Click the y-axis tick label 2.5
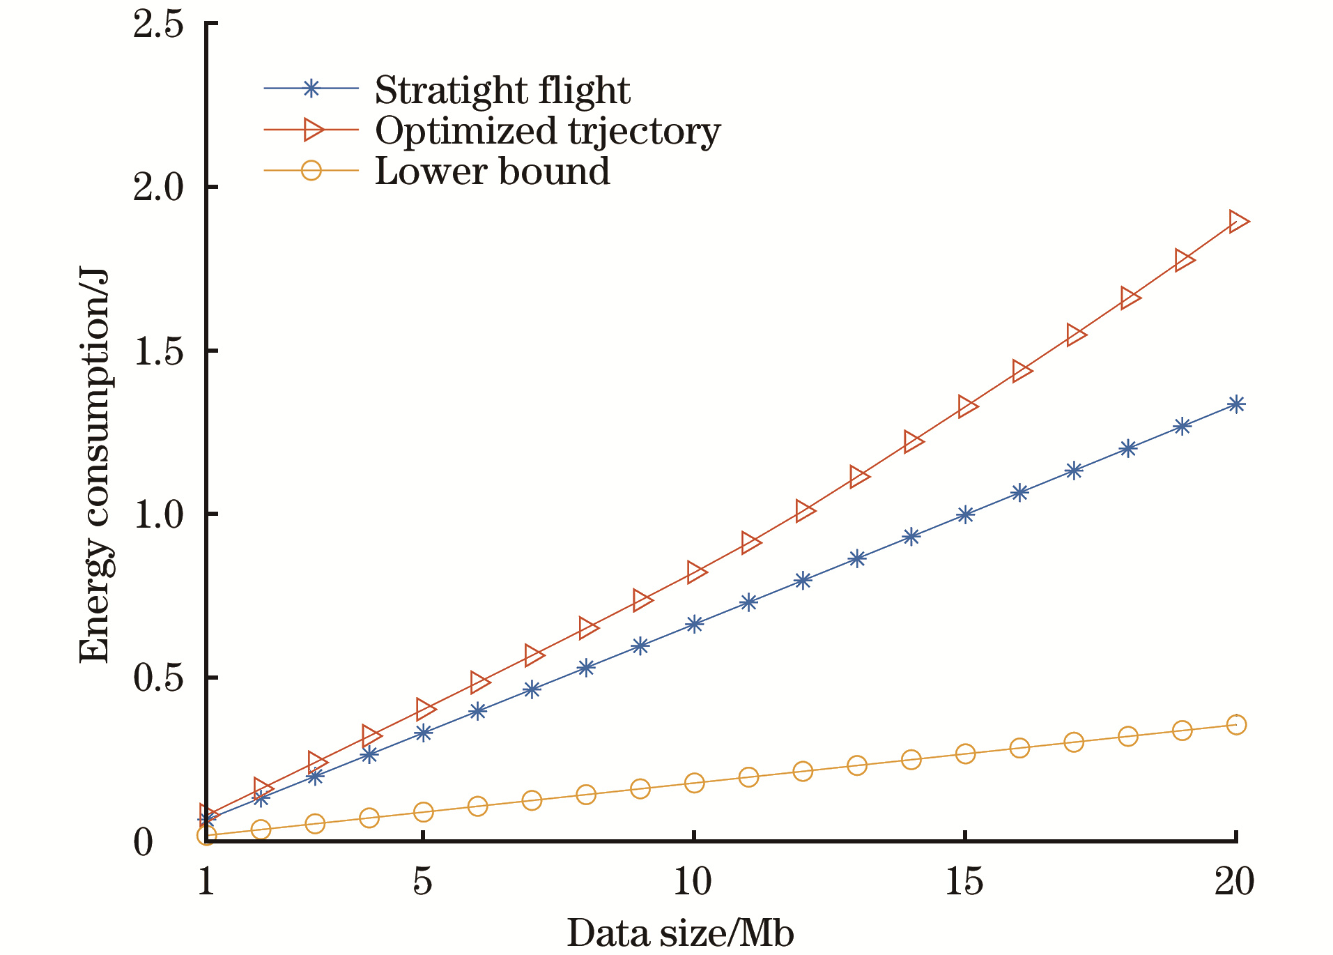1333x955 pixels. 158,26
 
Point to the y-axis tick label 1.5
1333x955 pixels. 158,351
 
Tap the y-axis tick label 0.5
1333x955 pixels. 158,678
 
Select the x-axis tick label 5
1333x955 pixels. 422,883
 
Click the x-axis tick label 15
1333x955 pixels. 964,883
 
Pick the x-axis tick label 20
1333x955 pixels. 1234,883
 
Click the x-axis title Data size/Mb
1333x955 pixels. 680,933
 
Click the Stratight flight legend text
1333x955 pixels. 502,90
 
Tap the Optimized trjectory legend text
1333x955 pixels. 547,130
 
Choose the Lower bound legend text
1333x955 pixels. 492,171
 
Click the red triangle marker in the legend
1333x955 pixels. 312,129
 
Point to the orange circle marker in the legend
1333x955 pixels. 311,170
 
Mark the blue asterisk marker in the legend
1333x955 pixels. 311,89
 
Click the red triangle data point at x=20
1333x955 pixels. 1238,222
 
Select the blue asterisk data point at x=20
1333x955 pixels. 1236,404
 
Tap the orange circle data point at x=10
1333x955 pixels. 694,783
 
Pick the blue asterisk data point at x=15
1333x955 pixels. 965,515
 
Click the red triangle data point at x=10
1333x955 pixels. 695,572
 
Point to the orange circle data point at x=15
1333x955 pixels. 965,754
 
